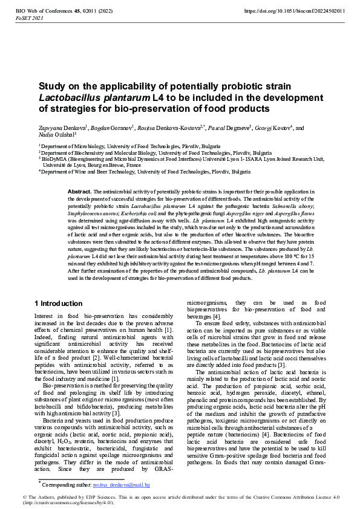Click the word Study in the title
tap(53, 86)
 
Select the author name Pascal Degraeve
tap(222, 128)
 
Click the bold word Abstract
tap(79, 191)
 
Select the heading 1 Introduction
tap(59, 303)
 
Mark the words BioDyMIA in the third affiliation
tap(55, 159)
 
